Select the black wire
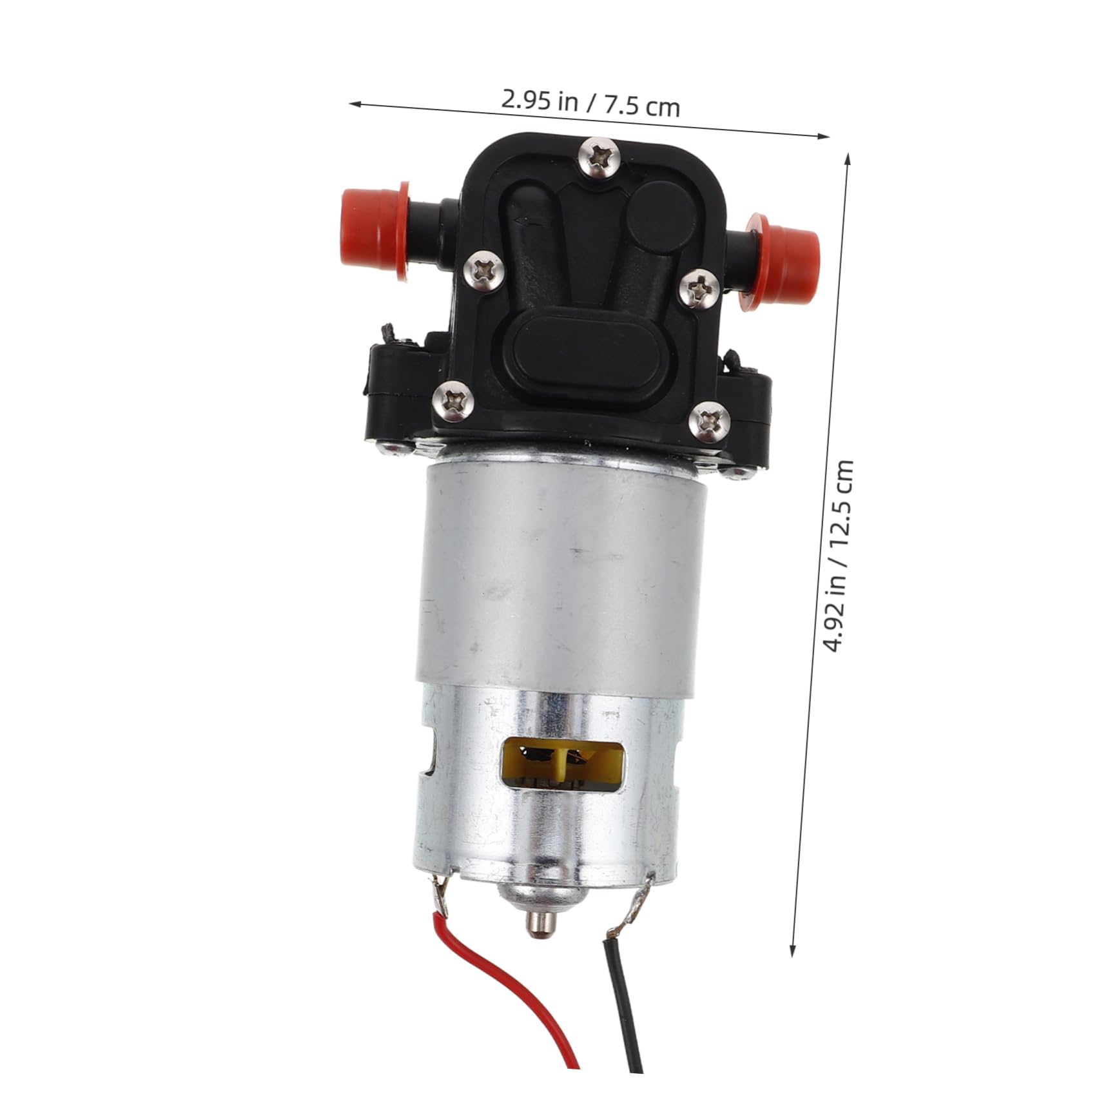tap(622, 1031)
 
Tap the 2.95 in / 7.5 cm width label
tap(590, 104)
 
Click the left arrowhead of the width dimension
tap(354, 102)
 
